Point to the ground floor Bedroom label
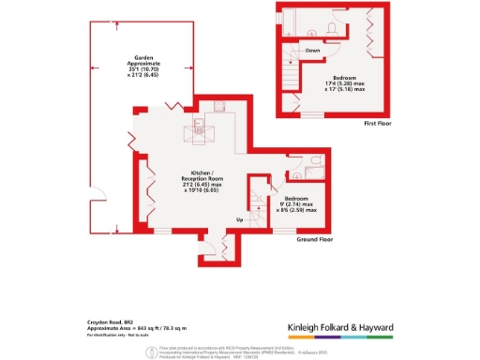pyautogui.click(x=298, y=204)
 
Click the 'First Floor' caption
pyautogui.click(x=375, y=123)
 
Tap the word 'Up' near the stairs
pyautogui.click(x=239, y=220)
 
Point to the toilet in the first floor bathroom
pyautogui.click(x=335, y=29)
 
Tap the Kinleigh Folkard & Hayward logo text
pyautogui.click(x=339, y=326)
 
